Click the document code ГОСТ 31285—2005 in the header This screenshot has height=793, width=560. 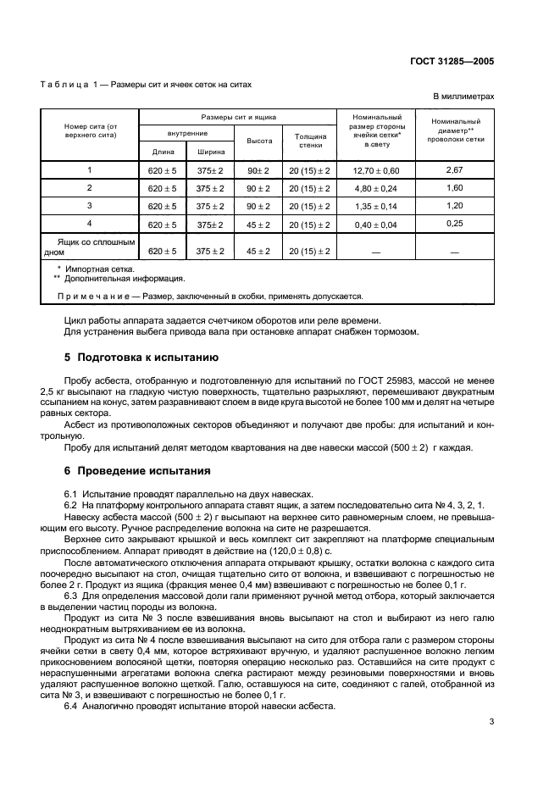pyautogui.click(x=452, y=61)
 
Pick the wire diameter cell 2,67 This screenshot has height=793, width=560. pyautogui.click(x=454, y=170)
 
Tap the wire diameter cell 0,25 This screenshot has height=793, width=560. pyautogui.click(x=454, y=223)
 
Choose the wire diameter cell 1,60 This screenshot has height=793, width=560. pyautogui.click(x=454, y=187)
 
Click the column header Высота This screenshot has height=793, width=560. pyautogui.click(x=258, y=141)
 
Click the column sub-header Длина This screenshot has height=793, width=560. pyautogui.click(x=163, y=152)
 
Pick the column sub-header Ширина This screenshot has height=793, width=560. pyautogui.click(x=210, y=152)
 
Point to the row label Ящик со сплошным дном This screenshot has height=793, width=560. pyautogui.click(x=89, y=247)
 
